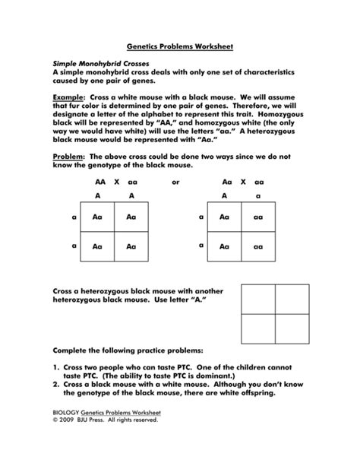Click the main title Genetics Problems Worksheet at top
pyautogui.click(x=179, y=46)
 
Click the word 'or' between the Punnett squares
pyautogui.click(x=175, y=183)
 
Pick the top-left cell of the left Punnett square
pyautogui.click(x=96, y=217)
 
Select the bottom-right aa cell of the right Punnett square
pyautogui.click(x=258, y=247)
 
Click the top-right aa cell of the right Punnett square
pyautogui.click(x=258, y=217)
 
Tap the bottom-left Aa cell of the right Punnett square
pyautogui.click(x=224, y=247)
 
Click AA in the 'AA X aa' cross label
pyautogui.click(x=100, y=183)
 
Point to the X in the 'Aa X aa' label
pyautogui.click(x=243, y=183)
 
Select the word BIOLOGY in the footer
pyautogui.click(x=66, y=433)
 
